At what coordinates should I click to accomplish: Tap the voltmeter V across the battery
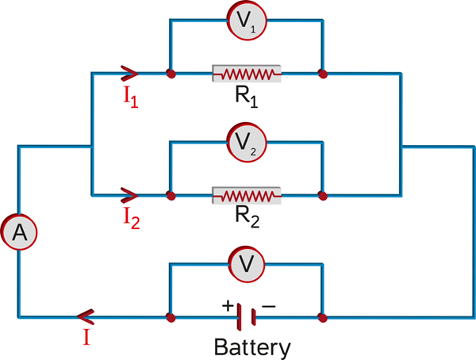coord(245,264)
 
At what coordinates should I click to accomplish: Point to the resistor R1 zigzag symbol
coord(246,75)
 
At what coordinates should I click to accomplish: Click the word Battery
coord(251,347)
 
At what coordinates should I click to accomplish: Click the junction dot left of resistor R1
coord(170,75)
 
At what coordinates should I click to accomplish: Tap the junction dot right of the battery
coord(322,316)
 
